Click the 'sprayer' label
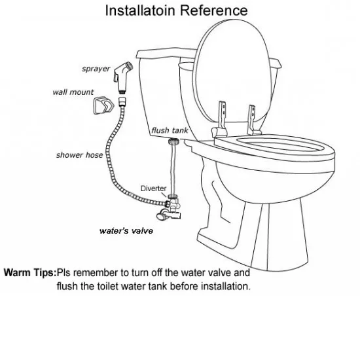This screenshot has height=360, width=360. (96, 69)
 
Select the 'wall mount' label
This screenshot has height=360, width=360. (73, 92)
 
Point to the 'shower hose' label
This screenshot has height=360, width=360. (79, 155)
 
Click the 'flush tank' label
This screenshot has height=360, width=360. (170, 130)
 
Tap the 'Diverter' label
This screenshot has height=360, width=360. (154, 188)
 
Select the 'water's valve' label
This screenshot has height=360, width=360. (126, 230)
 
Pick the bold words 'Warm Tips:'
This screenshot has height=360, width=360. (30, 272)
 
